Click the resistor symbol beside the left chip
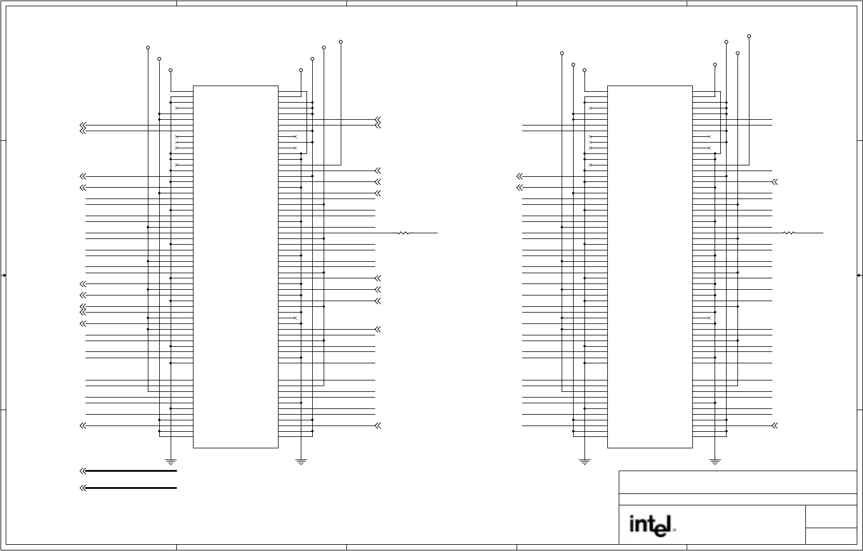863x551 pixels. (404, 233)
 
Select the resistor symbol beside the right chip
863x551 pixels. (789, 233)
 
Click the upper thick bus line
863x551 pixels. (131, 471)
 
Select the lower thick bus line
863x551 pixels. (131, 488)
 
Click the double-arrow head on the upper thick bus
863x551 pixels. (83, 471)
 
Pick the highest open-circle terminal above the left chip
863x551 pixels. (341, 42)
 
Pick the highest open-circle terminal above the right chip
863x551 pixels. (749, 36)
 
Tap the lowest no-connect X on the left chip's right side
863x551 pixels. (295, 318)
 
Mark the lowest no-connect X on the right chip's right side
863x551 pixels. (709, 318)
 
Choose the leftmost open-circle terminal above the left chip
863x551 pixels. (148, 48)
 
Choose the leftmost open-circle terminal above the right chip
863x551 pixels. (562, 53)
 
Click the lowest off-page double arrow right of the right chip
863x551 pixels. (775, 426)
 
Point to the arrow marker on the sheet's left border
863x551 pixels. (4, 275)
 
